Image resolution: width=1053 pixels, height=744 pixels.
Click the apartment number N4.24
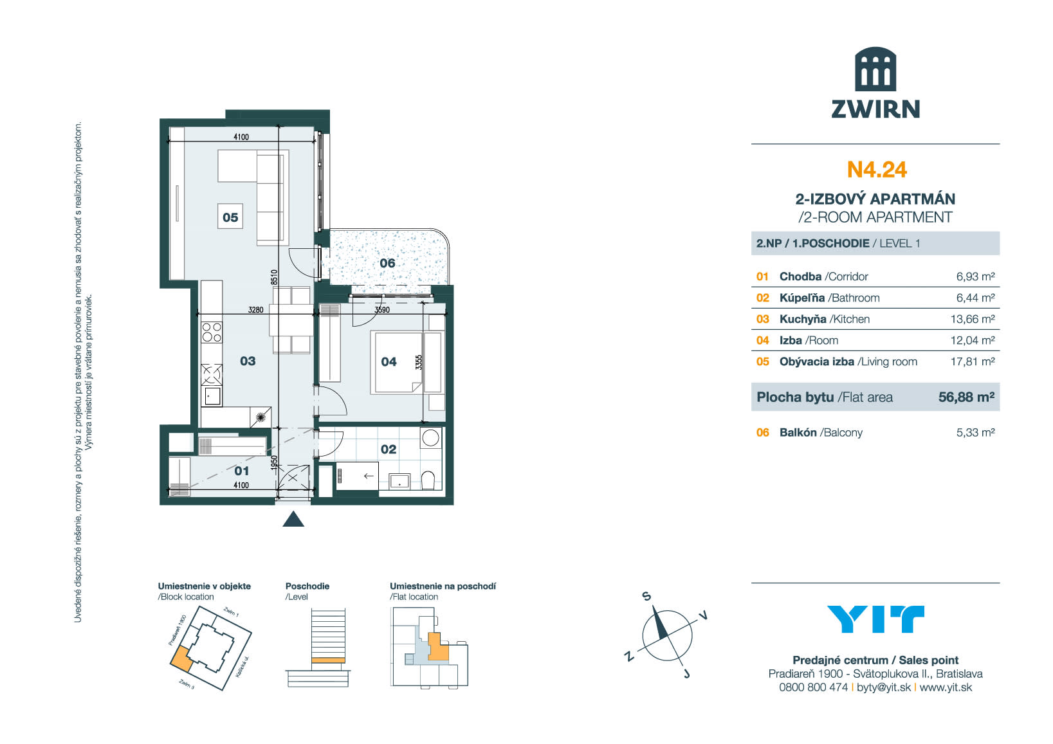point(876,170)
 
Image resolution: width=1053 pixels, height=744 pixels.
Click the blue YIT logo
point(875,619)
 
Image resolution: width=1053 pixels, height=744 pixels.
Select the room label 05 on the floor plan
point(230,217)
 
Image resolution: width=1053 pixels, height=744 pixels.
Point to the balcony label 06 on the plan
point(387,263)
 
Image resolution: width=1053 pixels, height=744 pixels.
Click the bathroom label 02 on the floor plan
point(389,449)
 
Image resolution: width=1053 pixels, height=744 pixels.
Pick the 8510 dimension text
point(274,277)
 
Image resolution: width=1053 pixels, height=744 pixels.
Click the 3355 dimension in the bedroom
point(419,362)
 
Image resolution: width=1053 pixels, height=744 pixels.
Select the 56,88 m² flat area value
point(967,397)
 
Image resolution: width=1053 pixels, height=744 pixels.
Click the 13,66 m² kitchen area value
point(973,319)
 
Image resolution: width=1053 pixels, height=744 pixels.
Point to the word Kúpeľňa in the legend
point(802,298)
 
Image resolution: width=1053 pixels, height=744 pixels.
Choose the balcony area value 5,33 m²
point(975,432)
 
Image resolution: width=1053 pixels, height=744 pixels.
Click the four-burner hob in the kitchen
point(212,332)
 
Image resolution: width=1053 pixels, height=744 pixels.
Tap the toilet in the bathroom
point(428,481)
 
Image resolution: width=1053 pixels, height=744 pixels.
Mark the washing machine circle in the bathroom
point(430,438)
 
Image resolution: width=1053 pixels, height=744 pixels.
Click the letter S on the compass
point(647,596)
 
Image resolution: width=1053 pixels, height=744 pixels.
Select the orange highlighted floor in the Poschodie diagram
point(328,660)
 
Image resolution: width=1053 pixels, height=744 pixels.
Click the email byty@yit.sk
point(884,687)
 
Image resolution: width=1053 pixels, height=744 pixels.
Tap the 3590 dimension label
point(382,310)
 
